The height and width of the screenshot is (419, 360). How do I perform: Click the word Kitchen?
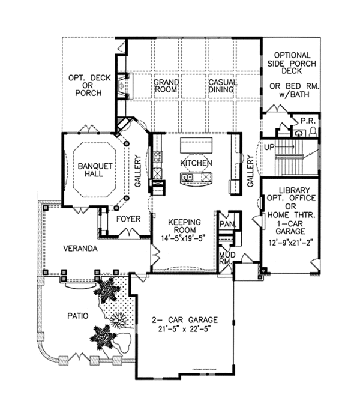(196, 163)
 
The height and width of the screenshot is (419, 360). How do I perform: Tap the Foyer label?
(128, 219)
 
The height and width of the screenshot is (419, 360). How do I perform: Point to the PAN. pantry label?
(227, 224)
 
